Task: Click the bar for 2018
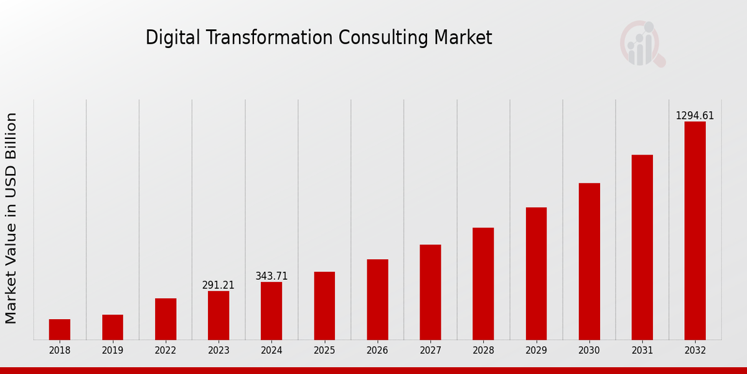click(x=60, y=329)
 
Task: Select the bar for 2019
click(x=113, y=327)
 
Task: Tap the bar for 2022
click(x=166, y=319)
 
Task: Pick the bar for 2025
click(x=324, y=305)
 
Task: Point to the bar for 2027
click(x=430, y=292)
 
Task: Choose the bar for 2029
click(x=536, y=273)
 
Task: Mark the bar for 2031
click(x=642, y=247)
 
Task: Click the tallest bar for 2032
click(x=695, y=231)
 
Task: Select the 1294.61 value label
click(x=695, y=116)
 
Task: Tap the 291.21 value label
click(x=218, y=285)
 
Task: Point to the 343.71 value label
click(x=271, y=276)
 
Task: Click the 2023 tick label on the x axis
click(x=218, y=350)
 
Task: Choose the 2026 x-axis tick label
click(x=377, y=350)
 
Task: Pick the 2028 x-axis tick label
click(x=483, y=350)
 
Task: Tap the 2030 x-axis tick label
click(x=589, y=350)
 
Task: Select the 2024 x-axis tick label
click(x=271, y=350)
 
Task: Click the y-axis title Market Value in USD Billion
click(x=11, y=218)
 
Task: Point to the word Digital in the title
click(x=166, y=38)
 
